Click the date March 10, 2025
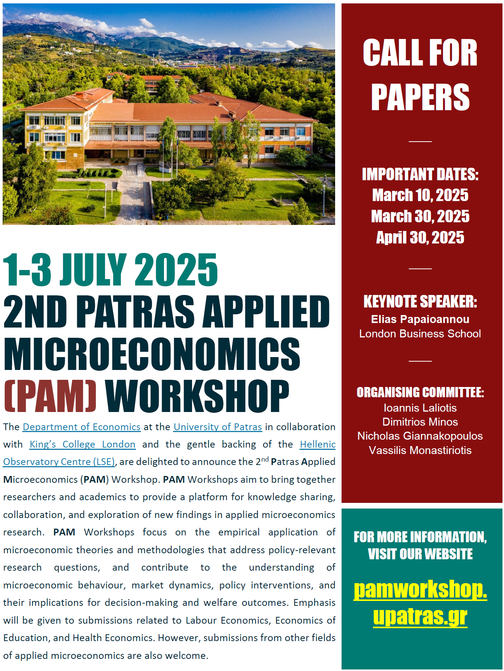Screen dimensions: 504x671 tap(420, 195)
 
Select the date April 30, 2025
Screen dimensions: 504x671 tap(420, 238)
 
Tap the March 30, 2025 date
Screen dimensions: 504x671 tap(420, 217)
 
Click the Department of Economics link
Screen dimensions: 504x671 tap(81, 427)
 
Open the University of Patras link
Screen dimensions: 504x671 tap(218, 427)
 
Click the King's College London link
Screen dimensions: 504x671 tap(83, 445)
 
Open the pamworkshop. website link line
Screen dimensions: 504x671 tap(420, 590)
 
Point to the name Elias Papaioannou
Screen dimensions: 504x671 tap(420, 319)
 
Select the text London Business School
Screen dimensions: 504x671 tap(420, 334)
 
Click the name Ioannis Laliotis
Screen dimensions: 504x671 tap(420, 408)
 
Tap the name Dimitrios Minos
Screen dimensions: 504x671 tap(420, 422)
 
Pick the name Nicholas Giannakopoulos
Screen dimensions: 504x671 tap(420, 436)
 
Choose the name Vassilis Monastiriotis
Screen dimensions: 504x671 tap(420, 450)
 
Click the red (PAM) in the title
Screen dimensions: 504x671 tap(50, 396)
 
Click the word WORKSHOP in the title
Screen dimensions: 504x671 tap(197, 396)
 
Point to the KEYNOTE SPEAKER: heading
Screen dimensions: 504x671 tap(420, 302)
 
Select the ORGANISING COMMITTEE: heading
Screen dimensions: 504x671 tap(420, 392)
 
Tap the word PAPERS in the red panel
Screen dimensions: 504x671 tap(420, 97)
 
